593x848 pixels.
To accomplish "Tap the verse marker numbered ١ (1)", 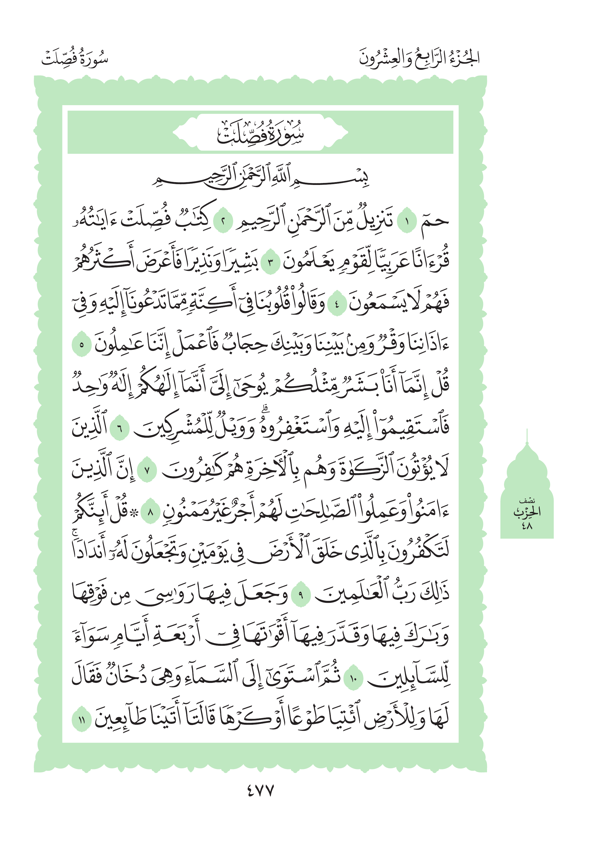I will (x=407, y=222).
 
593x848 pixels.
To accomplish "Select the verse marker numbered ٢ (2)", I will (x=223, y=222).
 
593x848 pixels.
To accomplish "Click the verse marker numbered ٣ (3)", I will (x=270, y=263).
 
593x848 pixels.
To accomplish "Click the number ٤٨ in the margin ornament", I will (x=527, y=526).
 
